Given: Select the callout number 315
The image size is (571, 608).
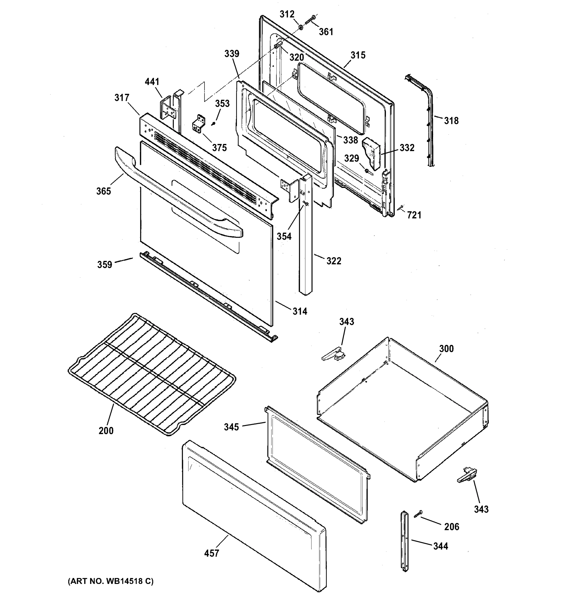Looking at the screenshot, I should point(358,55).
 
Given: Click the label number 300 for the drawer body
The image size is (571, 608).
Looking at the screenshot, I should point(446,349).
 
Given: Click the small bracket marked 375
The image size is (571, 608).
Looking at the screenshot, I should point(199,124).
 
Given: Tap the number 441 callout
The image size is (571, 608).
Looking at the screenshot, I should point(152,82).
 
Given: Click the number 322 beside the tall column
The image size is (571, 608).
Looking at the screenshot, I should point(334,261).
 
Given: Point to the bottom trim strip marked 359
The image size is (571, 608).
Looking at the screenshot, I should point(208,295).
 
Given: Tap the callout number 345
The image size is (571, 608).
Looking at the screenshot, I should point(231,427).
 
